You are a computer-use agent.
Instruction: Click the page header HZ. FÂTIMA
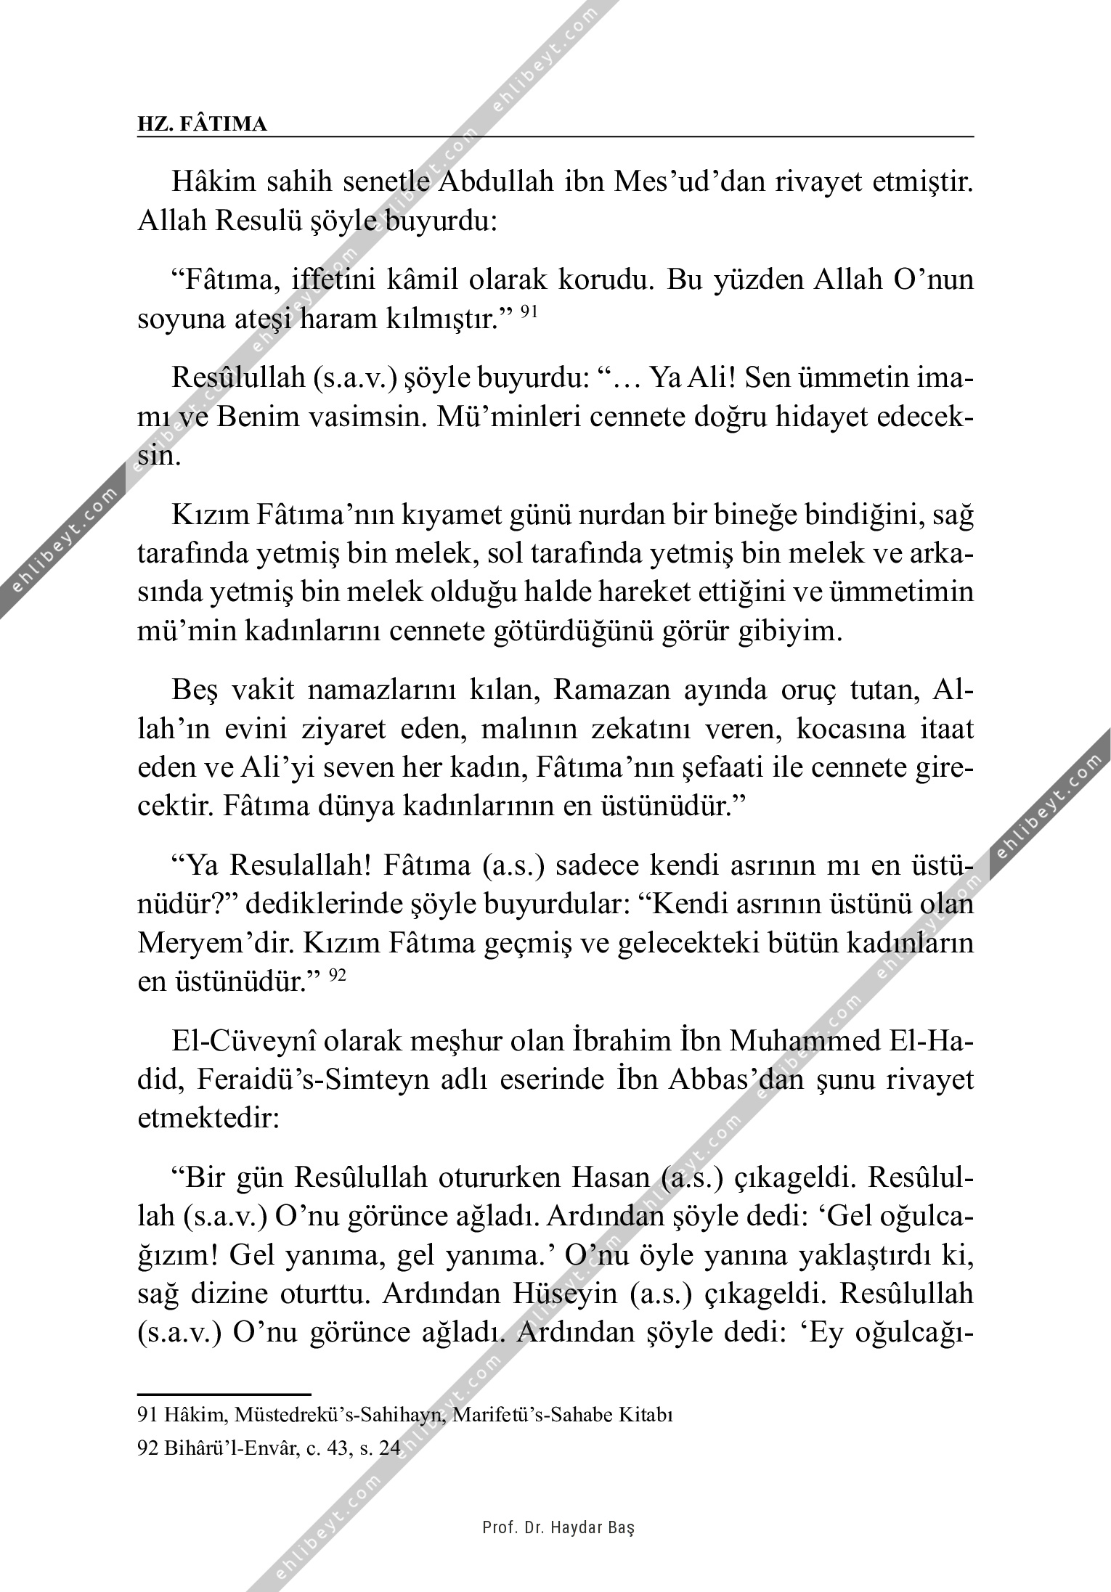(203, 125)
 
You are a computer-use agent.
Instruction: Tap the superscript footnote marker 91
(529, 312)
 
